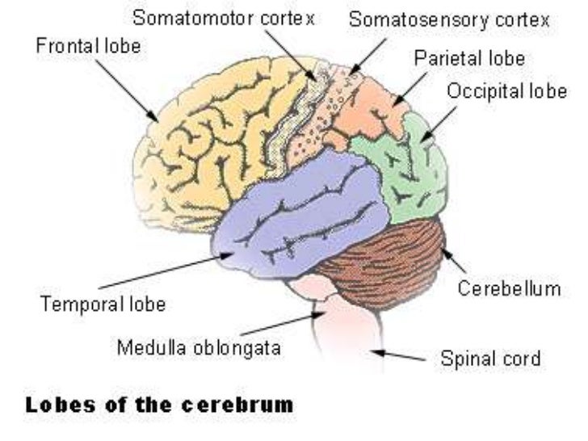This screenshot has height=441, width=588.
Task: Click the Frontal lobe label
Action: pos(88,46)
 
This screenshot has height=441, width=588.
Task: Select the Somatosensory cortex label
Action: pos(450,19)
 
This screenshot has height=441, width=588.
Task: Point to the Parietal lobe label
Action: pos(469,58)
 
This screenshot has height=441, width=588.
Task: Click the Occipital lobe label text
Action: pos(506,90)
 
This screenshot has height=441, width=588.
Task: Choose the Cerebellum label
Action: pos(509,288)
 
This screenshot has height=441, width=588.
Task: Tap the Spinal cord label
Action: pos(490,357)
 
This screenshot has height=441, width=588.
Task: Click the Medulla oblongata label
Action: pos(199,349)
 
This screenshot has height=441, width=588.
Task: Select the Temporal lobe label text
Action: pos(103,304)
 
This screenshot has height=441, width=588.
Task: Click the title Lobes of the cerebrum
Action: pos(160,405)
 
